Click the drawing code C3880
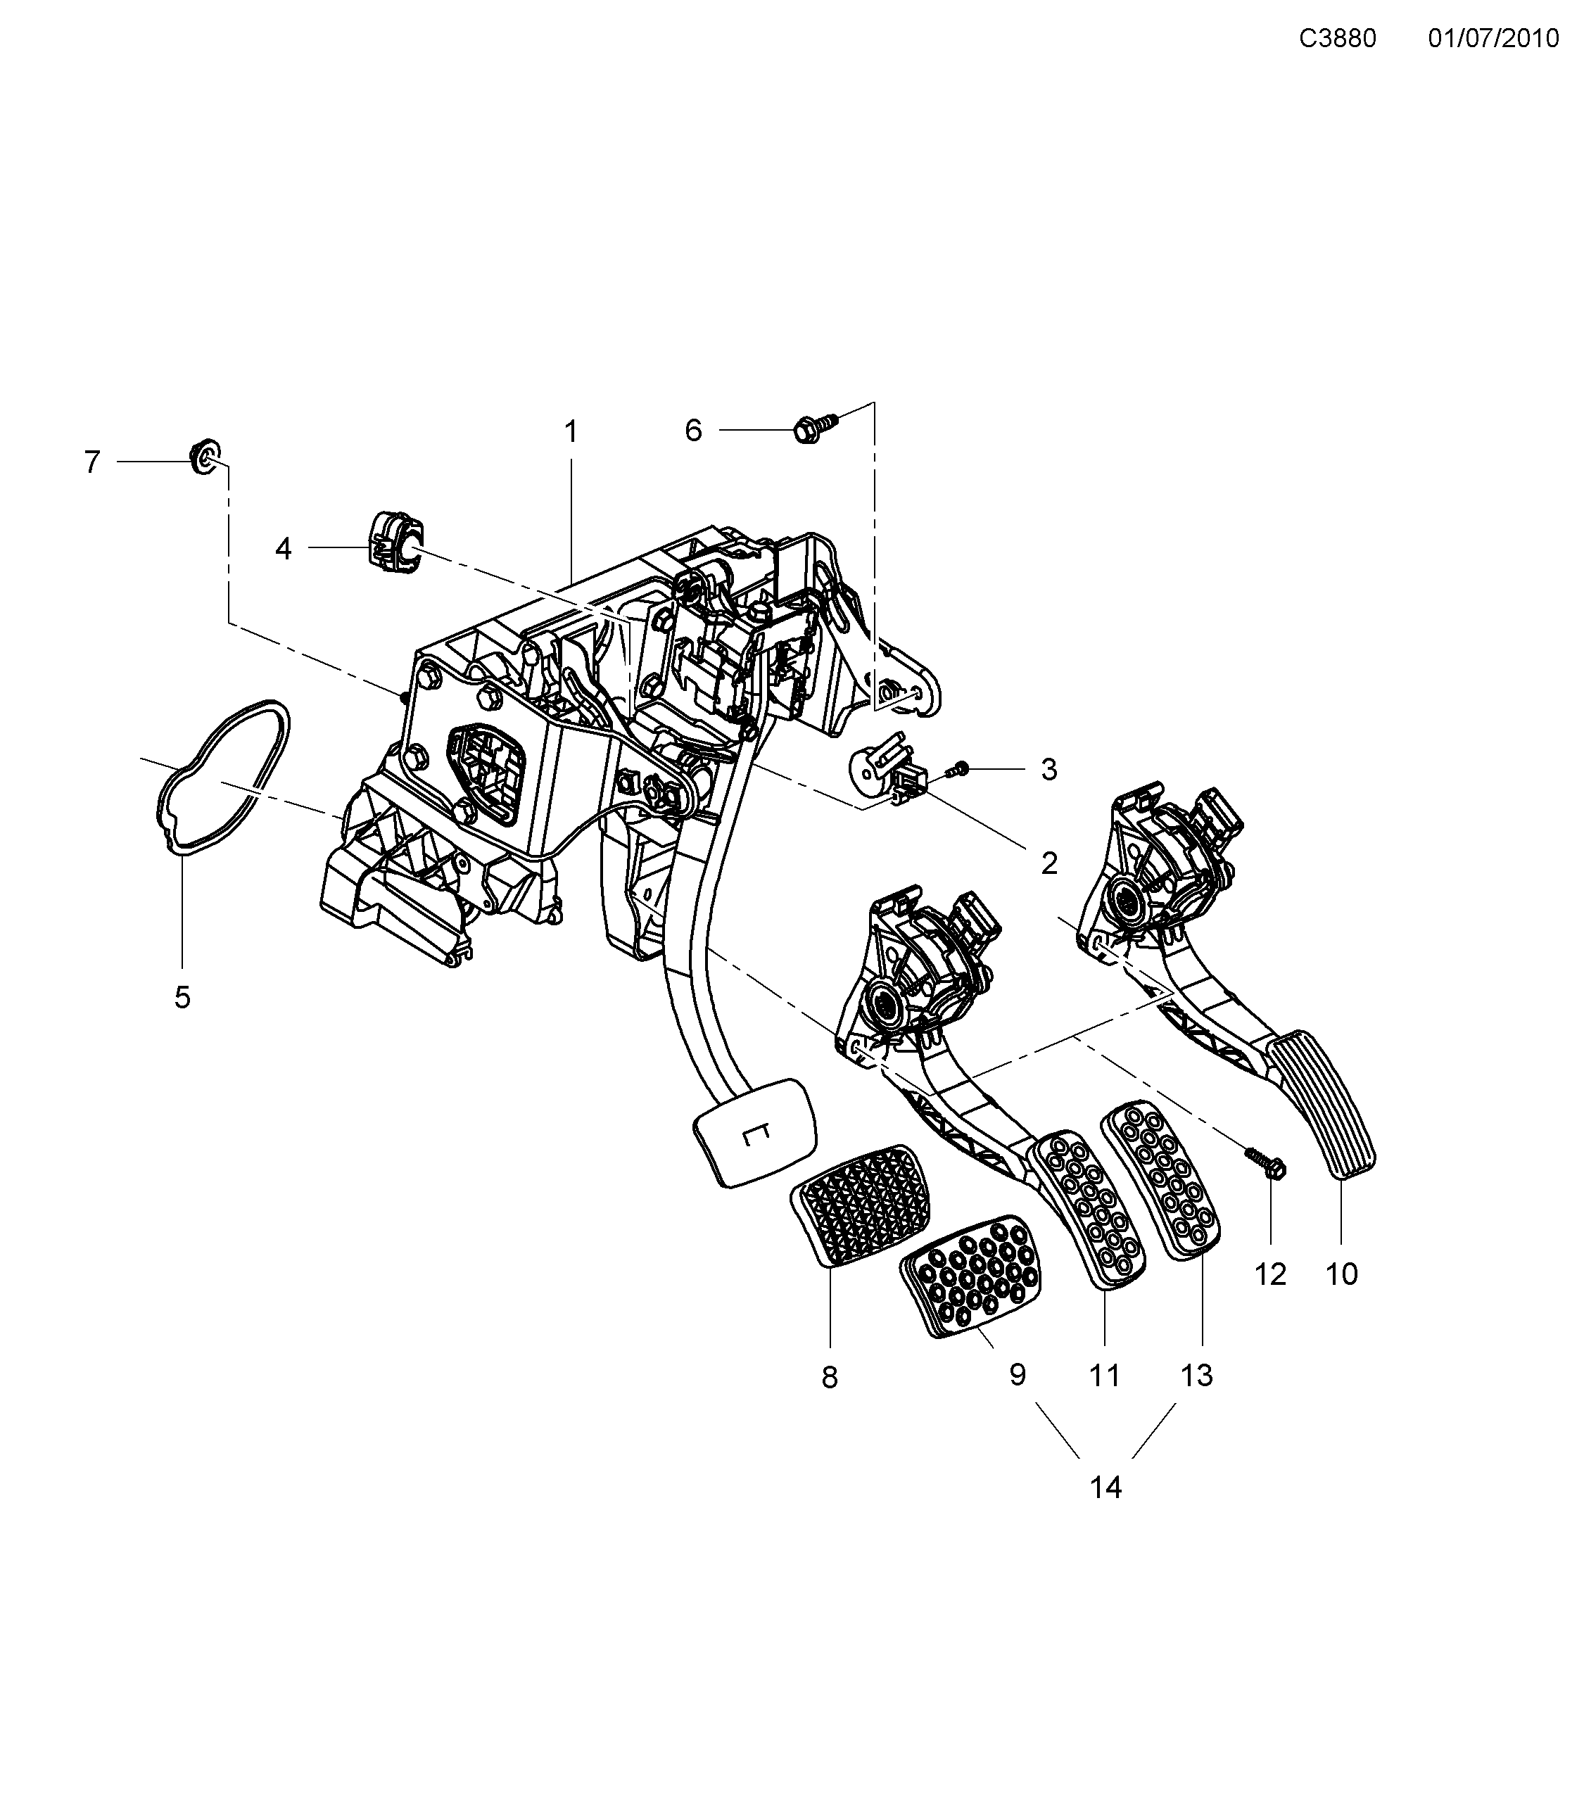tap(1337, 39)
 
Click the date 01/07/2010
tap(1493, 39)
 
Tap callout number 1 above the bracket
tap(571, 431)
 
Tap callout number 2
tap(1048, 863)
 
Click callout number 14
tap(1105, 1487)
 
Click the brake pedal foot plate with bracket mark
tap(755, 1132)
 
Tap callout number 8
tap(830, 1377)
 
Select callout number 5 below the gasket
tap(182, 997)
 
